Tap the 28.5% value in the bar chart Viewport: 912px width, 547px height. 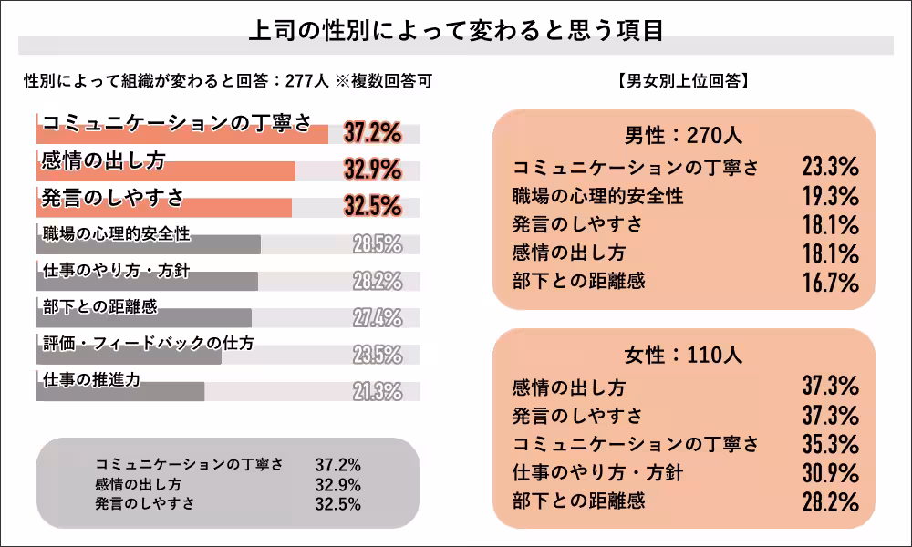[377, 244]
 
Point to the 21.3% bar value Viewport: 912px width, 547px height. [377, 392]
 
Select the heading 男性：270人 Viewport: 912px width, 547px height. [683, 136]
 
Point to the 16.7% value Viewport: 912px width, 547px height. [830, 282]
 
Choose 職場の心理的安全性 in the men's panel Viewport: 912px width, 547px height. [597, 195]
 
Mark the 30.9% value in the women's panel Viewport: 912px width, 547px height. [830, 473]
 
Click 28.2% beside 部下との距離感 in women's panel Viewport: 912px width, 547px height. [830, 501]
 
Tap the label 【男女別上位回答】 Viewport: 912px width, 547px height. [683, 81]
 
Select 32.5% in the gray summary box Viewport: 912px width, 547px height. [337, 503]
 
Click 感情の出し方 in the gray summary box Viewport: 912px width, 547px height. [138, 484]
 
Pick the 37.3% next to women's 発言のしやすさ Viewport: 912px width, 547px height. [830, 416]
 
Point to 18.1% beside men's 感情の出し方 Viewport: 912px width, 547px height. [830, 253]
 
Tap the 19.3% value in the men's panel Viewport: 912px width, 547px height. [830, 196]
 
